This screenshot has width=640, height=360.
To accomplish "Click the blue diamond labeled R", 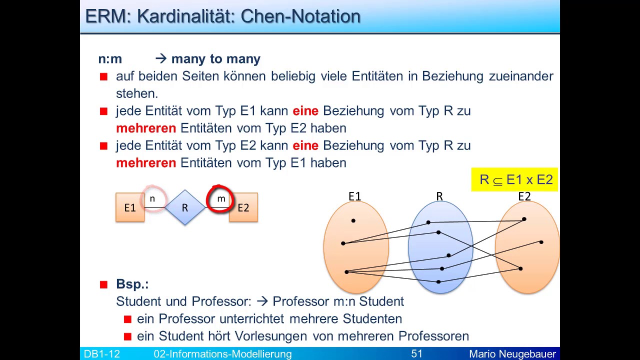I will coord(184,207).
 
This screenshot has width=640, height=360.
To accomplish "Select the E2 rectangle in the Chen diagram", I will coord(243,207).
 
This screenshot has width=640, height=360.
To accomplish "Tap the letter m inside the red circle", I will coord(221,199).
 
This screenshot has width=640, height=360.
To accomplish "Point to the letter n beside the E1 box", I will coord(152,199).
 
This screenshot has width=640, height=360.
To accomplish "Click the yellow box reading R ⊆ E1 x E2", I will coord(514,179).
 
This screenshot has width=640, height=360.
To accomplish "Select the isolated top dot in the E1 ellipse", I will coord(353,220).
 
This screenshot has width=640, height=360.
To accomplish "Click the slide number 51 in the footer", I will coord(417,354).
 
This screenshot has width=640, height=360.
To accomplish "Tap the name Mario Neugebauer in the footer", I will coord(512,354).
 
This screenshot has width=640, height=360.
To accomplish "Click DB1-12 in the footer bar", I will coord(102,354).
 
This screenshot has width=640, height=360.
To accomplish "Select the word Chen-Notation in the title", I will coord(300,16).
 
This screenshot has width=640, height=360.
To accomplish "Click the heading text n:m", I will coord(110,59).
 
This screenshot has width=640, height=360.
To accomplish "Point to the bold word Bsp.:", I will coord(132,284).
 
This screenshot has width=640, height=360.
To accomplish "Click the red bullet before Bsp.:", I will coord(104,284).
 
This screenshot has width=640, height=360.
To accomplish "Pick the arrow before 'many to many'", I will coord(160,59).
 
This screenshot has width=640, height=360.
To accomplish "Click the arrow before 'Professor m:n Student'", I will coord(262,301).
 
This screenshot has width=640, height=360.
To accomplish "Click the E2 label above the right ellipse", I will coord(524,196).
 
